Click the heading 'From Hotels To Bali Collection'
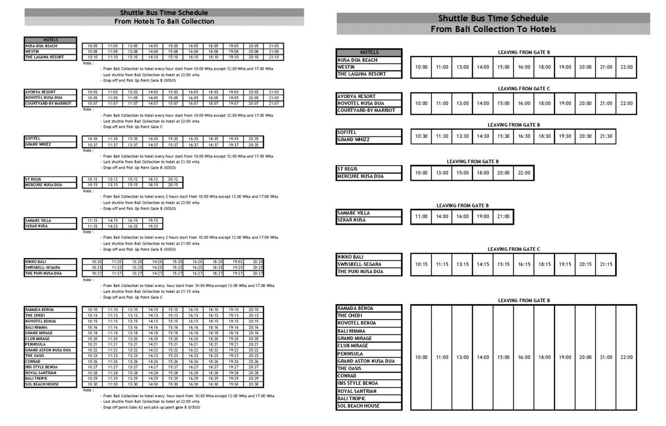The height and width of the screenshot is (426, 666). [164, 21]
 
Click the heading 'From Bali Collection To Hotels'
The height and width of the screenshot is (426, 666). [493, 29]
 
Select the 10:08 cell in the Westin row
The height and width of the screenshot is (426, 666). [92, 52]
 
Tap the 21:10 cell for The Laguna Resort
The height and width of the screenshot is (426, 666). [273, 57]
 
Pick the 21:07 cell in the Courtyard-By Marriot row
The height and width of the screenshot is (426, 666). [273, 103]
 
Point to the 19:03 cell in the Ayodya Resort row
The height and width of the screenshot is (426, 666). [234, 92]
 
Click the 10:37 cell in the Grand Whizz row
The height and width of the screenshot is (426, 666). [92, 145]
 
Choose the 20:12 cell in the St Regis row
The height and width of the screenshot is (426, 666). [173, 179]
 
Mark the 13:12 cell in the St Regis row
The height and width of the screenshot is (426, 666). [112, 179]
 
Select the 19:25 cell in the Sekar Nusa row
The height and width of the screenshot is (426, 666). [153, 226]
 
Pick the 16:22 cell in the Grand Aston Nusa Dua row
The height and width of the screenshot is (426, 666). [193, 350]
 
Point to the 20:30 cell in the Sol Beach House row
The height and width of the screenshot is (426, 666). [253, 384]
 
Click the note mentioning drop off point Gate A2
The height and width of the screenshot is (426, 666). [152, 407]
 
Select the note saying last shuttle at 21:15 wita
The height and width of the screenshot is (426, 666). [151, 291]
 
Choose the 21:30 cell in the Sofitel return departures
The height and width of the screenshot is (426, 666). [606, 136]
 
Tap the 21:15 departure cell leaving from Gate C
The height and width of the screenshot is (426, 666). [606, 264]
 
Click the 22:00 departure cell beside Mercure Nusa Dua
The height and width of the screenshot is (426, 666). [524, 173]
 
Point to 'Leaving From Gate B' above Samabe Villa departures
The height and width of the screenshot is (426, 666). [462, 206]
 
